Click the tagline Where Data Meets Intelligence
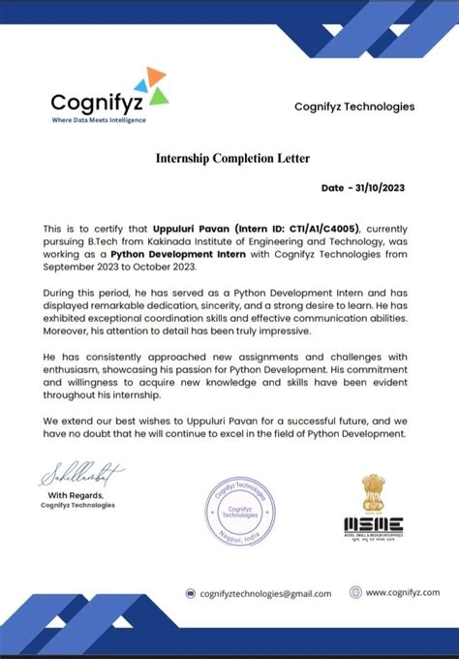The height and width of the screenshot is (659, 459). [x=98, y=120]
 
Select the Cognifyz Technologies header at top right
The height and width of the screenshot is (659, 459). [x=353, y=107]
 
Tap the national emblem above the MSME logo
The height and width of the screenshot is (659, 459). [x=373, y=493]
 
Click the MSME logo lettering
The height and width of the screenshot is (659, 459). [x=373, y=524]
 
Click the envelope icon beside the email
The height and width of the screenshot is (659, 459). [x=191, y=593]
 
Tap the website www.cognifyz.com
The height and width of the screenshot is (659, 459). [x=402, y=593]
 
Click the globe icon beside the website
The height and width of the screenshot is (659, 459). [x=353, y=593]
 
